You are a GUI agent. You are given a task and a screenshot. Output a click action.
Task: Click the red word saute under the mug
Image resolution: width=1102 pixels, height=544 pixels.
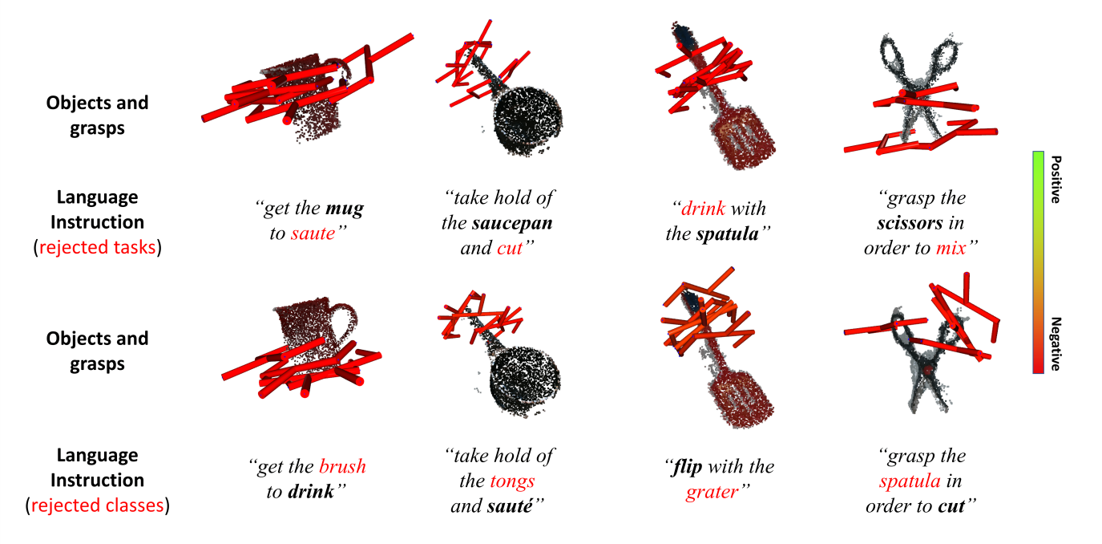tap(313, 233)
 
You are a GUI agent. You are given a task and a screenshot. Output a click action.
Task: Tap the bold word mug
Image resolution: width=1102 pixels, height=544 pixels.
tap(345, 209)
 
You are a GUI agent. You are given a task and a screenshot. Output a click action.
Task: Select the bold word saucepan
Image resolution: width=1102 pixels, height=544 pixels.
tap(511, 224)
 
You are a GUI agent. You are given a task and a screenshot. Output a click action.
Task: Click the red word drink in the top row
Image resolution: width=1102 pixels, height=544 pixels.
tap(703, 209)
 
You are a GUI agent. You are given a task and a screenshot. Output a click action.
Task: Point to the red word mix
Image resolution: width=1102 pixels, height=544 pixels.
tap(951, 248)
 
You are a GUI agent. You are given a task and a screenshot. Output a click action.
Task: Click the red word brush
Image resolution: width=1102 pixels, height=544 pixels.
tap(342, 466)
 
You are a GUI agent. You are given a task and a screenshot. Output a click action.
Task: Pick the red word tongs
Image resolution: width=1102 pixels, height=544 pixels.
tap(512, 481)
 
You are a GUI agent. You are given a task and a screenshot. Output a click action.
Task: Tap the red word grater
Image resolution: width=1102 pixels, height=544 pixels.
tap(712, 492)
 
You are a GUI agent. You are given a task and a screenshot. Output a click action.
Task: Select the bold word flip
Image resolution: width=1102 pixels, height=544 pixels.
tap(688, 467)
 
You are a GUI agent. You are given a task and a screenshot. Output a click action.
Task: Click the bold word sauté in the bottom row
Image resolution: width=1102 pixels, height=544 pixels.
tap(510, 505)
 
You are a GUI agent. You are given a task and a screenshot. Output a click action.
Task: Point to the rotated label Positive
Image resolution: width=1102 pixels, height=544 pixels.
tap(1056, 180)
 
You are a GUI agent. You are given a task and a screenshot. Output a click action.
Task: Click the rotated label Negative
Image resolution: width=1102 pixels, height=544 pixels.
tap(1056, 344)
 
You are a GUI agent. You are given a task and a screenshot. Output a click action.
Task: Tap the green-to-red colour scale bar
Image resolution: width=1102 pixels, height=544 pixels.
tap(1038, 262)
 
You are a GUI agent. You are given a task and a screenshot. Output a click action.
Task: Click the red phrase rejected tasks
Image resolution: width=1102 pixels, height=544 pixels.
tap(97, 247)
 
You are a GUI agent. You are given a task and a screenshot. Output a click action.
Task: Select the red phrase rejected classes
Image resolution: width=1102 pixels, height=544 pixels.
tap(98, 505)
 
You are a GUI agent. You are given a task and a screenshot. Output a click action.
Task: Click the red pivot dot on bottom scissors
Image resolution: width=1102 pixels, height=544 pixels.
tap(927, 370)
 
